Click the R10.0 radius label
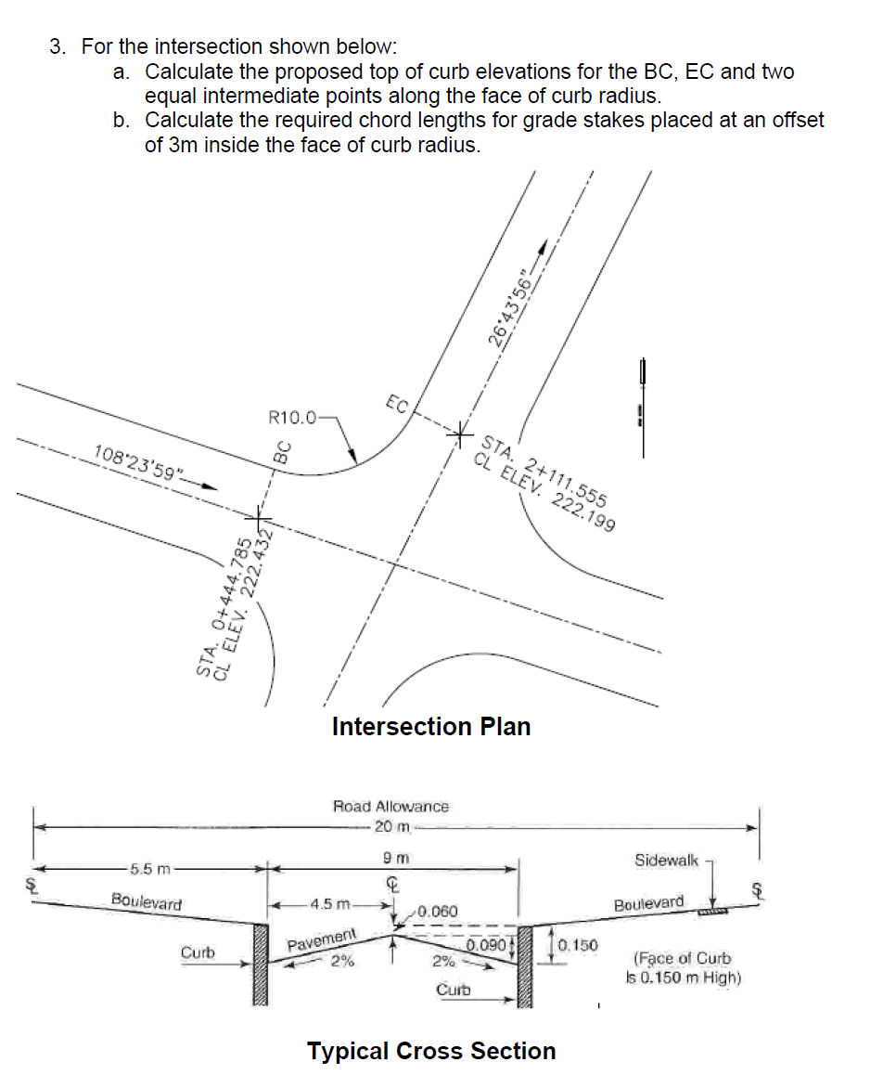coord(291,417)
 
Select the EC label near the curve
coord(396,404)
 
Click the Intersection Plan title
coord(431,726)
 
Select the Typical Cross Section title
coord(431,1051)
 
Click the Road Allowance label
coord(390,807)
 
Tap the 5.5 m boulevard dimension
coord(148,869)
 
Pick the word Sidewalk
coord(666,861)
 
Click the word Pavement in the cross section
coord(321,939)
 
